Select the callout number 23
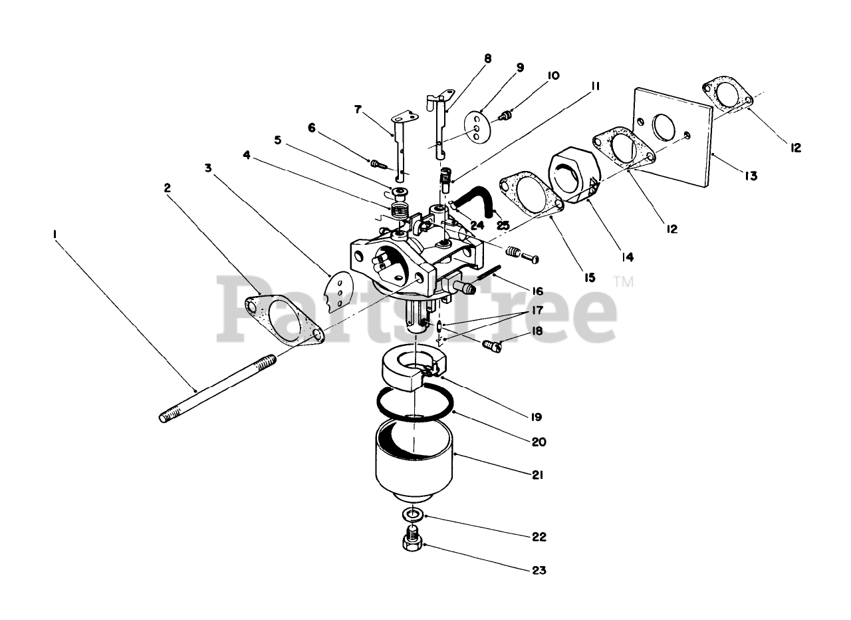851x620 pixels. pyautogui.click(x=539, y=570)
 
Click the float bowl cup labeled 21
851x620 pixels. pyautogui.click(x=412, y=459)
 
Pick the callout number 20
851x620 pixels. pyautogui.click(x=539, y=441)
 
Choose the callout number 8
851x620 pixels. pyautogui.click(x=488, y=59)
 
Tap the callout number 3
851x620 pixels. pyautogui.click(x=208, y=168)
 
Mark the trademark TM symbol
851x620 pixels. pyautogui.click(x=624, y=282)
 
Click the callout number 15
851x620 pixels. pyautogui.click(x=589, y=277)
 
